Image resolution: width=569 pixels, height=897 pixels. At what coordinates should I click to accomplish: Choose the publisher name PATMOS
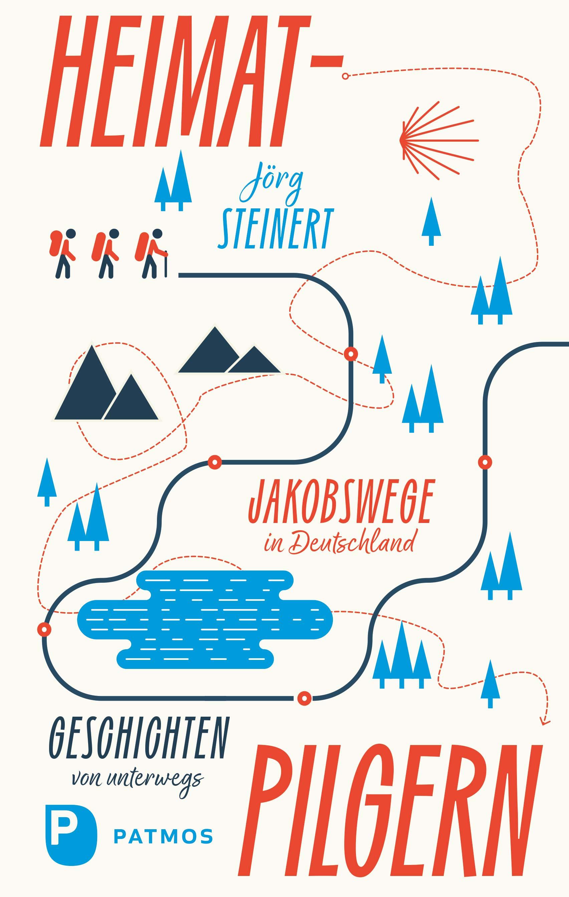point(163,837)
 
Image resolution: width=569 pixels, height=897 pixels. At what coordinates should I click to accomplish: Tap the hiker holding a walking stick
point(153,253)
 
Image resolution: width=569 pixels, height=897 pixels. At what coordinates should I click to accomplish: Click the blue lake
point(205,620)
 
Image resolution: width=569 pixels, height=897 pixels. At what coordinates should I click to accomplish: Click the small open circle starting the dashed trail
point(345,76)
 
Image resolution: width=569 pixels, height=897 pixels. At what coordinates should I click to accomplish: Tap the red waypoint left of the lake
point(44,630)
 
